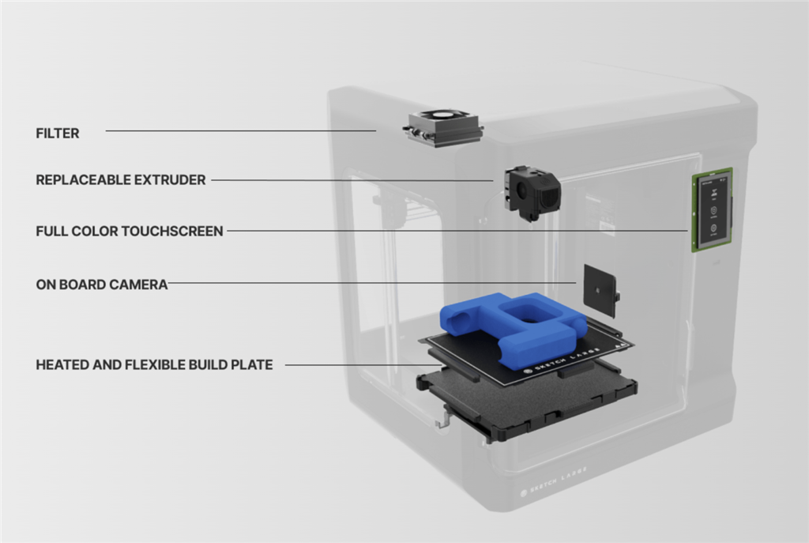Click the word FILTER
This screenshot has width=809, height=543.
pos(58,134)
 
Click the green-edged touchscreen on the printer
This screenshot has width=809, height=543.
pos(713,209)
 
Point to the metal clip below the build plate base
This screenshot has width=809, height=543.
pos(443,417)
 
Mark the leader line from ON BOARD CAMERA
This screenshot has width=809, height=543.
pos(371,282)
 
